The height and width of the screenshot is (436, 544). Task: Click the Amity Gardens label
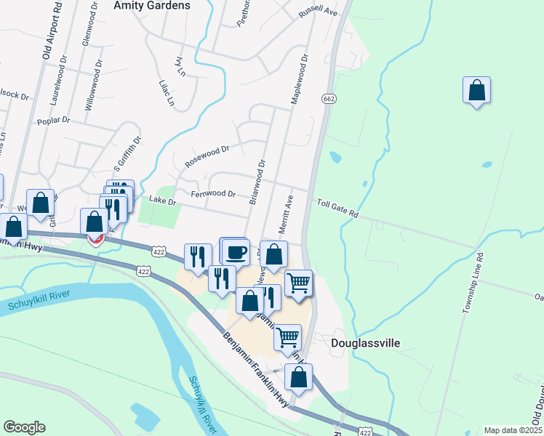tap(152, 5)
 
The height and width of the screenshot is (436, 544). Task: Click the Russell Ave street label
tap(319, 13)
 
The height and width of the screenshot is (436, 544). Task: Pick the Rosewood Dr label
tap(207, 156)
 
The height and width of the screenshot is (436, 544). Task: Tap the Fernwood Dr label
tap(213, 194)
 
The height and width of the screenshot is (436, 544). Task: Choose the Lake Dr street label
tap(162, 199)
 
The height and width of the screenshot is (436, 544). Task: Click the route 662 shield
tap(329, 98)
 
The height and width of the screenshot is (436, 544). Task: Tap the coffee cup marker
tap(236, 252)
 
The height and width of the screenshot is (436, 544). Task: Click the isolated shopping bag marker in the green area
tap(476, 91)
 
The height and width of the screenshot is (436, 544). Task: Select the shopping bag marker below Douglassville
tap(298, 378)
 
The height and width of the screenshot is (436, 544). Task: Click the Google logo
tap(24, 427)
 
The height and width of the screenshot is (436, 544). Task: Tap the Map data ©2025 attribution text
tap(513, 430)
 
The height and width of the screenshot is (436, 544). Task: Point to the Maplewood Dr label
tap(299, 78)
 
